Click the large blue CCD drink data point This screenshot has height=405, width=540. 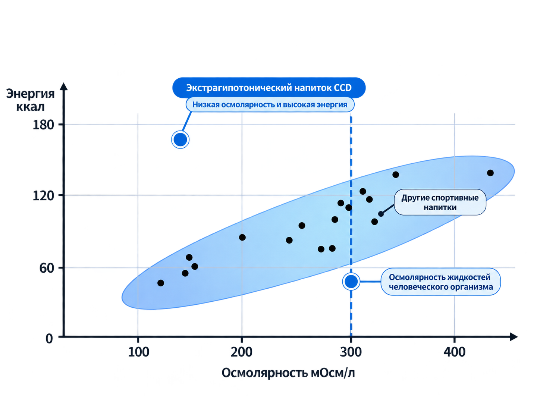click(180, 140)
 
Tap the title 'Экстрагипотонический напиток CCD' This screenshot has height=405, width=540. click(269, 88)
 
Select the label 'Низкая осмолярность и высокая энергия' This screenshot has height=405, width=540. click(270, 104)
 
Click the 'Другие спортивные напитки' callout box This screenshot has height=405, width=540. click(440, 202)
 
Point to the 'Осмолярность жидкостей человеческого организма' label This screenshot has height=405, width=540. click(440, 282)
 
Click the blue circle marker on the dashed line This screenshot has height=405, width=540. click(351, 282)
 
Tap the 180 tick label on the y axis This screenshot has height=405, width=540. click(43, 125)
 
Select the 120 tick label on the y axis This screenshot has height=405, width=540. click(43, 196)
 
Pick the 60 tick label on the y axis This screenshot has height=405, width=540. click(47, 268)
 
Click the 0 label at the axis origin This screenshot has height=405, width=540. click(49, 339)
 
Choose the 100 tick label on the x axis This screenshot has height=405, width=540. click(138, 352)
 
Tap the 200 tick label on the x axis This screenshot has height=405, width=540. click(241, 352)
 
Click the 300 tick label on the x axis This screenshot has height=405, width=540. click(351, 352)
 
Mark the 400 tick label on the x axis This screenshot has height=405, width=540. click(454, 352)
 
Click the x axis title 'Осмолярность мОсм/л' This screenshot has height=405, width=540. click(288, 373)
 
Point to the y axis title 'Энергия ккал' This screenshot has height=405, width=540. click(30, 100)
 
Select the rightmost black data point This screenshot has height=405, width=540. click(490, 173)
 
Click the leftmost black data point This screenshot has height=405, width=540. click(161, 283)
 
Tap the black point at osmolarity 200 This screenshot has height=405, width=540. click(242, 237)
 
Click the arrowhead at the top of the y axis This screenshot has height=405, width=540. click(64, 86)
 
